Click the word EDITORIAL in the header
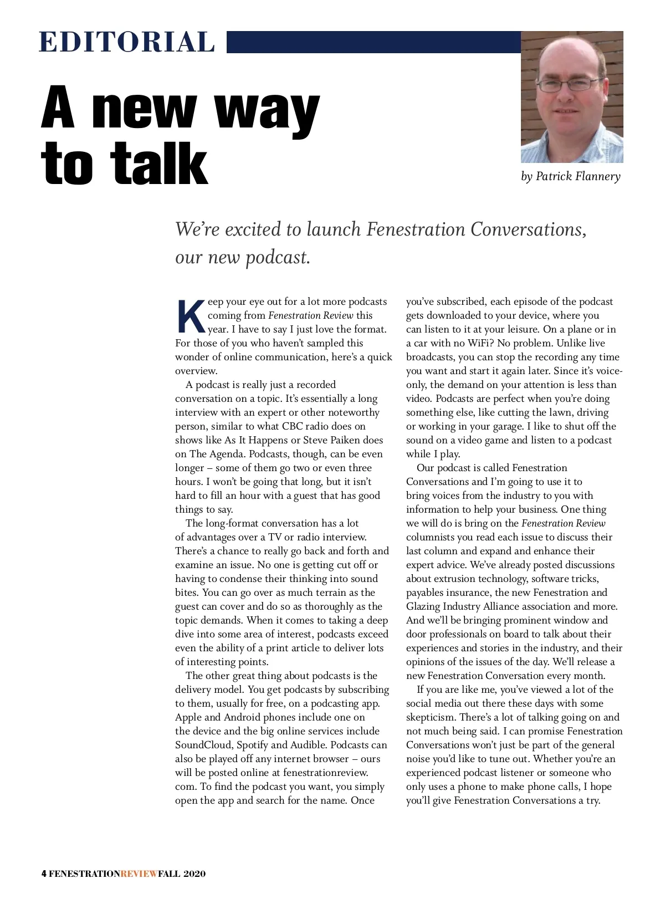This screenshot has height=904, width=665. [127, 43]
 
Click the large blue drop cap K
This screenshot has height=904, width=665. [190, 316]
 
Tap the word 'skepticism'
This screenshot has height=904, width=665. [430, 717]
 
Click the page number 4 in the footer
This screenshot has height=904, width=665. [44, 874]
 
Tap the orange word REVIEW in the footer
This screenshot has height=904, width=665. [139, 874]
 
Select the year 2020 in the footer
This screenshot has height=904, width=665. [195, 874]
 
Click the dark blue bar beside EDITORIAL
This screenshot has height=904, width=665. [374, 42]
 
